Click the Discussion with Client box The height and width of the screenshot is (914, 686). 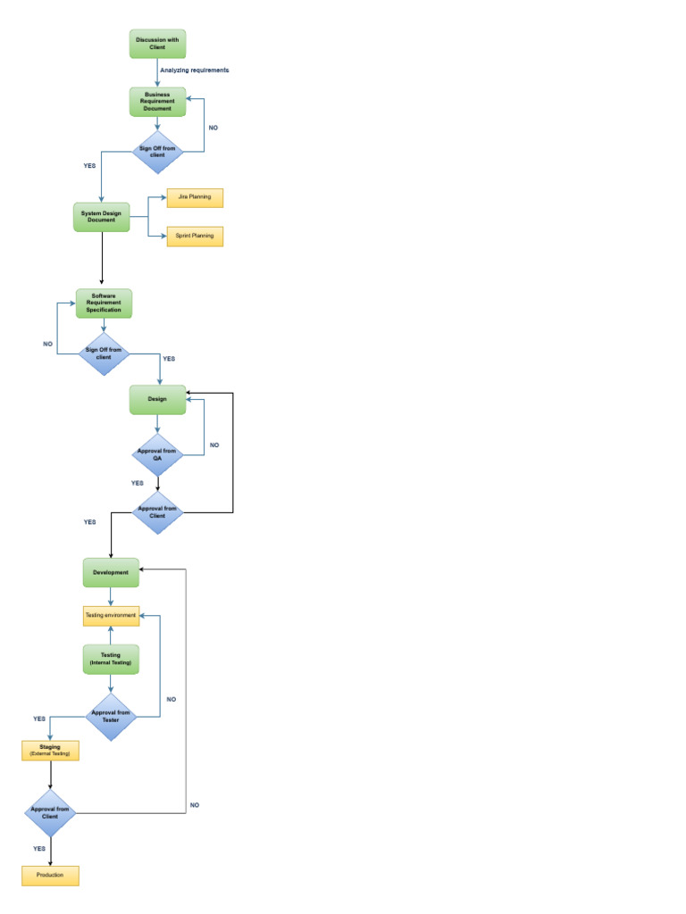click(157, 43)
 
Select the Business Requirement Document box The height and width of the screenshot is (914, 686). click(157, 102)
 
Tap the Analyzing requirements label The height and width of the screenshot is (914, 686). click(195, 70)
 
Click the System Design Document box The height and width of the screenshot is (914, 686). click(101, 216)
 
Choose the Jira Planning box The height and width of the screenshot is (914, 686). click(194, 197)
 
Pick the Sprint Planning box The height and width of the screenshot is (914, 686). click(194, 237)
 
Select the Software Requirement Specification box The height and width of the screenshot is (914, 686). click(104, 303)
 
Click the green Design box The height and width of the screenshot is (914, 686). click(157, 399)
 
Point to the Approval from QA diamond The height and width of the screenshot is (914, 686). click(157, 454)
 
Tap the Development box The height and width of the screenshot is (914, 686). click(111, 572)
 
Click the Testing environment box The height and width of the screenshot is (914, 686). click(111, 616)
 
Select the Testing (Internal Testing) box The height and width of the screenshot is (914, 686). click(111, 659)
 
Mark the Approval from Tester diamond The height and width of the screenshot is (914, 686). click(111, 717)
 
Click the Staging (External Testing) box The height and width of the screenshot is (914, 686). click(50, 750)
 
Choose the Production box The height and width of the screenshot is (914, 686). click(50, 876)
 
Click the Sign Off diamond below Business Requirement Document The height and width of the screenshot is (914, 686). click(157, 152)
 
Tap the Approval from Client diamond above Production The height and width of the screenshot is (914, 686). click(50, 812)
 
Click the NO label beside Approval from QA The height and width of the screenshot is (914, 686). click(213, 445)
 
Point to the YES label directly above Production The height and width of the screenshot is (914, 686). click(39, 849)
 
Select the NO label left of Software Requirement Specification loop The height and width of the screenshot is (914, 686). click(48, 344)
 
